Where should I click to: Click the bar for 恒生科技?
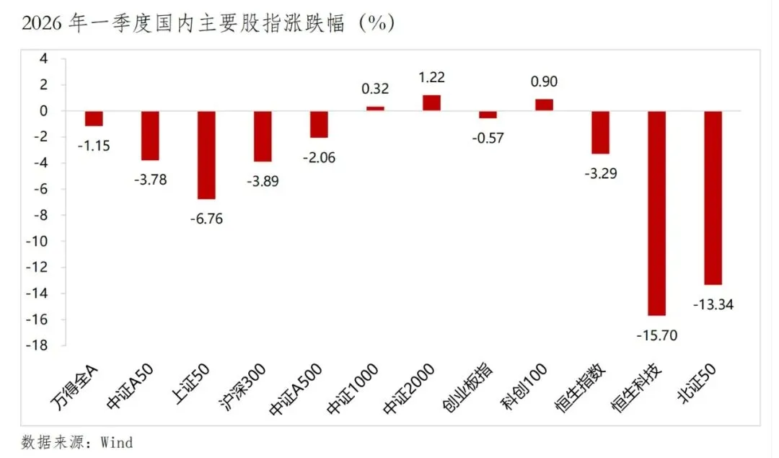point(656,213)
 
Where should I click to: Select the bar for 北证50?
point(713,198)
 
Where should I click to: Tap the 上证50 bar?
point(206,154)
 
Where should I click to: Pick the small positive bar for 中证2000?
point(431,103)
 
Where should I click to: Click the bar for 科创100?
point(544,105)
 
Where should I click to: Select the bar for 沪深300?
point(263,136)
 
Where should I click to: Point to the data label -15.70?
point(656,335)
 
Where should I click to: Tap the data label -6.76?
point(206,219)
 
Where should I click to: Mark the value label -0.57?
point(488,138)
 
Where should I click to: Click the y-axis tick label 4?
point(43,59)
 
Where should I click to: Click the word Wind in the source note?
point(117,441)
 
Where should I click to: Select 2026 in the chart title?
point(40,23)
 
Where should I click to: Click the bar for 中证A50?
point(150,136)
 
